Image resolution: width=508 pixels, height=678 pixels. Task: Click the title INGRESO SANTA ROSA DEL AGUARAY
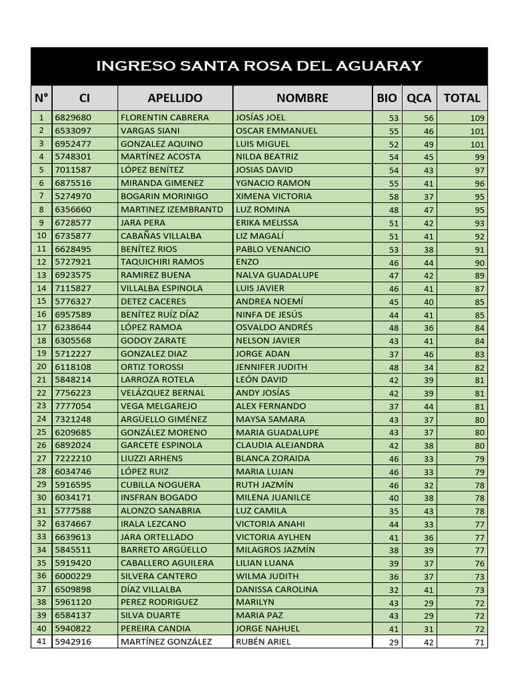pos(259,66)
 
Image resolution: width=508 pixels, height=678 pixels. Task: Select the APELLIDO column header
pos(175,98)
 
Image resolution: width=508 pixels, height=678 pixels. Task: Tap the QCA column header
pos(419,98)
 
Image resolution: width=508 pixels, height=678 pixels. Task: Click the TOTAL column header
pos(462,98)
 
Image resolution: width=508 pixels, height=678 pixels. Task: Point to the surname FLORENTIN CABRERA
pos(165,117)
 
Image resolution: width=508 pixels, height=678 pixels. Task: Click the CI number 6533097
pos(73,130)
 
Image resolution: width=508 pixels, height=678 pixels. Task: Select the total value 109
pos(477,118)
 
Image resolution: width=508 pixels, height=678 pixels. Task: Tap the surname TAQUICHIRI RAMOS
pos(162,262)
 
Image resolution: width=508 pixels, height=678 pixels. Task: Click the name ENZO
pos(248,262)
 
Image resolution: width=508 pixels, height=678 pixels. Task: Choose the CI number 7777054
pos(73,406)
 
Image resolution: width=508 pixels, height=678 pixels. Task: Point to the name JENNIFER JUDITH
pos(271,366)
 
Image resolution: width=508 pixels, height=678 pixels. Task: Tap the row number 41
pos(41,641)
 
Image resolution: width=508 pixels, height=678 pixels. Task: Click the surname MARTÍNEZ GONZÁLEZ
pos(166,642)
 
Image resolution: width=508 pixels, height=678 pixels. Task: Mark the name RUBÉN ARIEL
pos(263,642)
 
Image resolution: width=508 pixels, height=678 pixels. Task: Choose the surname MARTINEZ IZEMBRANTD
pos(172,209)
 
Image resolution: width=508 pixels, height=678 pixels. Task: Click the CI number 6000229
pos(73,576)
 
